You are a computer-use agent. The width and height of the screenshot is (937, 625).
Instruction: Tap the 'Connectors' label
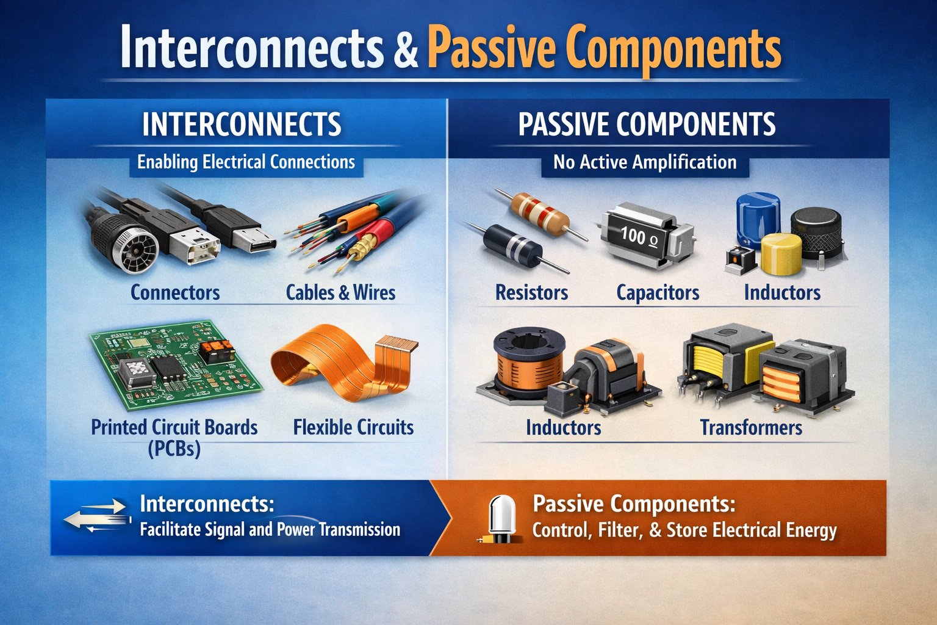pos(175,292)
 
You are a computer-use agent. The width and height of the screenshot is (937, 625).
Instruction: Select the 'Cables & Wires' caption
pos(340,292)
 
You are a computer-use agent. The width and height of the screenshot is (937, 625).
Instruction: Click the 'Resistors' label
pos(532,292)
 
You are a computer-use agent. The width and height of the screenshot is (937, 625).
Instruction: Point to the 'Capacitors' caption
pos(658,292)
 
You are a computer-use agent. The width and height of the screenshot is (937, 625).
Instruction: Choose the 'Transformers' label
pos(752,427)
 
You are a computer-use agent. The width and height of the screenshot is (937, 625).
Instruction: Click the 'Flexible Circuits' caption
pos(353,427)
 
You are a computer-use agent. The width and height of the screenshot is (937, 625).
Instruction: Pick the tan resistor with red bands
pos(540,214)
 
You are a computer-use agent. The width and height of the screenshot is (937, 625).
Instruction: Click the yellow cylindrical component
pos(781,254)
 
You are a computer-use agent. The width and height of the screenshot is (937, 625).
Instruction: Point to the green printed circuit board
pos(176,364)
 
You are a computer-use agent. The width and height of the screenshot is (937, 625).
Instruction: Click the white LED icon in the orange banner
pos(502,518)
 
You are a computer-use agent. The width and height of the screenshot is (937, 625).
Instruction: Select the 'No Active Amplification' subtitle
pos(645,162)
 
